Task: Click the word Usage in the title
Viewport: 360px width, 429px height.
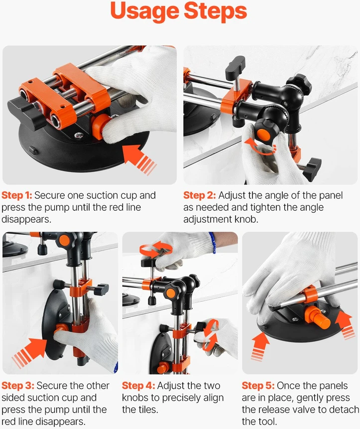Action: coord(145,11)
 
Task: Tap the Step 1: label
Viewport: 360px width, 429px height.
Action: coord(16,195)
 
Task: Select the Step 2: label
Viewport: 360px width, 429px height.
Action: coord(200,195)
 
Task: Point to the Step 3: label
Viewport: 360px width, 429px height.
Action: coord(18,386)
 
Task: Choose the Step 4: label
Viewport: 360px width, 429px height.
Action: coord(138,386)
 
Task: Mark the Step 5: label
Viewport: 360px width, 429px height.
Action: coord(258,386)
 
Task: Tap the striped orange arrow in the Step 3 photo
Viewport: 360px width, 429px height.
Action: coord(30,352)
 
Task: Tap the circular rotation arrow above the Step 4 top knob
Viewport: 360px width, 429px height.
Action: coord(156,250)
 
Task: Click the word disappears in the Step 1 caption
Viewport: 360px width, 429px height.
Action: coord(26,219)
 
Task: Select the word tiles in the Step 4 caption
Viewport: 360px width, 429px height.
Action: coord(147,410)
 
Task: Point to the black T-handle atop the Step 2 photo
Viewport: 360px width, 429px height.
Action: coord(235,68)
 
